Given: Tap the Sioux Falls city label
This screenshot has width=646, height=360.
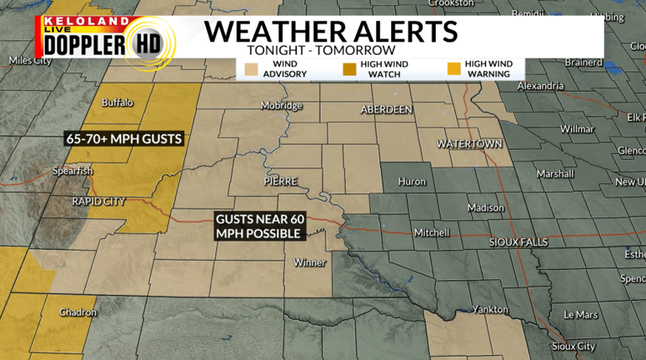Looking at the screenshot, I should point(518,242).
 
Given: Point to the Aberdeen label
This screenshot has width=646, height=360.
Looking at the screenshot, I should point(386,110).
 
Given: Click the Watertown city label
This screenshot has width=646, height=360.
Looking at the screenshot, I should point(469,144).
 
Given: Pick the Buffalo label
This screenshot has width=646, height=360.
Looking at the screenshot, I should point(117,103).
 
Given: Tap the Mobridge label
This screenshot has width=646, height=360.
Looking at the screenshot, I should point(281,106).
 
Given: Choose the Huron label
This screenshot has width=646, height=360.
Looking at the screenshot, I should point(411,181).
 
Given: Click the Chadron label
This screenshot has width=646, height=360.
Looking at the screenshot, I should point(77,312).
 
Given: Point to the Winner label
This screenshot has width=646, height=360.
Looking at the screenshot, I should point(309,262).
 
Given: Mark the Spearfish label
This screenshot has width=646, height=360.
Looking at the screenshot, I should point(73,171).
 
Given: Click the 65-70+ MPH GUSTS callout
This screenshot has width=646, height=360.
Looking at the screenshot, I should point(123,138).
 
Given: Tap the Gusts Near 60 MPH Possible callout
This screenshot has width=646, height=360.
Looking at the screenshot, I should point(259,226).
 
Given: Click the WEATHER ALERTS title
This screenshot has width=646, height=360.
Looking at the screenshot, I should point(331,32).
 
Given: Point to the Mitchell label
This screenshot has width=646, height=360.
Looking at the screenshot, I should point(431,233).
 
